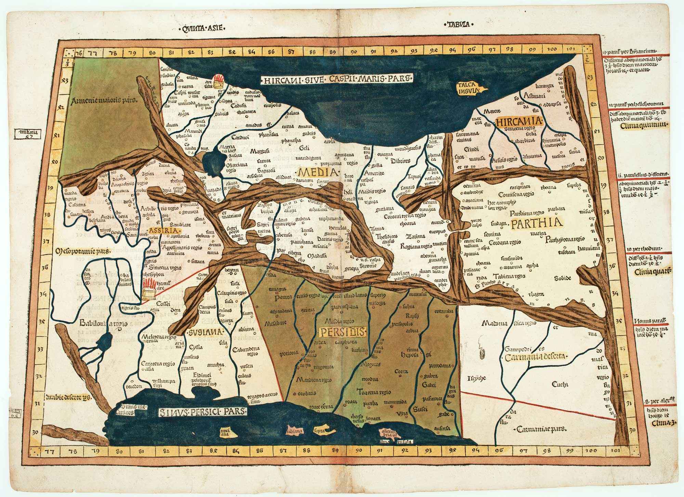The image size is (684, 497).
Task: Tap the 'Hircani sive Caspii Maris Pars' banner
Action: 337,79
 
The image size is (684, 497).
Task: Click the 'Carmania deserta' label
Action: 535,357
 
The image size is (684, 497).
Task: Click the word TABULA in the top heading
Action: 458,24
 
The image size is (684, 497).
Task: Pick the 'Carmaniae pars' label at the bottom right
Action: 541,429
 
